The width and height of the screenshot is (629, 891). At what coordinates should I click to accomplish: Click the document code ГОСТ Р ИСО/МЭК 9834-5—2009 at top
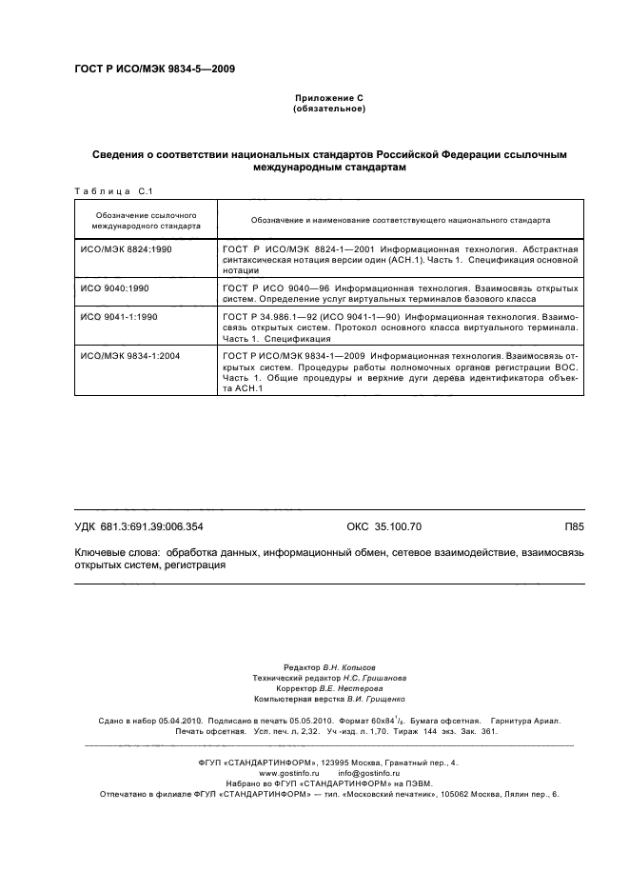point(154,69)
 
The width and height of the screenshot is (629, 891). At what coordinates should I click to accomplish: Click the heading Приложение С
point(329,99)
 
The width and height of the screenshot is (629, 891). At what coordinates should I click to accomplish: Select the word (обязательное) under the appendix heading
point(329,109)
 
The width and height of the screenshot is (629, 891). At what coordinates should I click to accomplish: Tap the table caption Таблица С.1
point(107,190)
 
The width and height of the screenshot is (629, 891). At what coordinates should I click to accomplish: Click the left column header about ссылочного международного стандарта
point(146,221)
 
